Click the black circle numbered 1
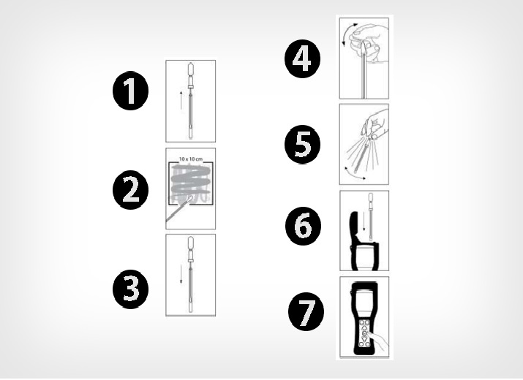pyautogui.click(x=130, y=91)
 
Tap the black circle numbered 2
pyautogui.click(x=130, y=190)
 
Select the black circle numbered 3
pyautogui.click(x=130, y=289)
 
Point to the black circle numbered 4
pyautogui.click(x=302, y=58)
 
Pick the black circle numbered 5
pyautogui.click(x=302, y=145)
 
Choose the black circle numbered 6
pyautogui.click(x=303, y=226)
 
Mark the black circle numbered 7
pyautogui.click(x=306, y=311)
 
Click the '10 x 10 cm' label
pyautogui.click(x=190, y=159)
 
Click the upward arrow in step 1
pyautogui.click(x=181, y=99)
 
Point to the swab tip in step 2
pyautogui.click(x=189, y=199)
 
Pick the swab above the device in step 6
pyautogui.click(x=370, y=216)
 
